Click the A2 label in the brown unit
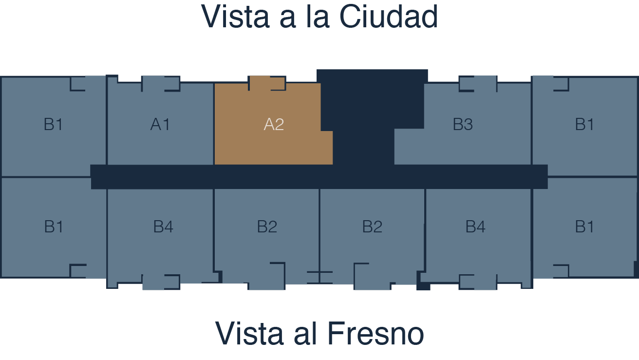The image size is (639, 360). pyautogui.click(x=274, y=124)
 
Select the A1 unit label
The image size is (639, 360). pyautogui.click(x=160, y=124)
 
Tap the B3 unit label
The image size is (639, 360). pyautogui.click(x=463, y=124)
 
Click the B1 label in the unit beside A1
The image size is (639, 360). pyautogui.click(x=54, y=124)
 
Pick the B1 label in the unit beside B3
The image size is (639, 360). pyautogui.click(x=584, y=124)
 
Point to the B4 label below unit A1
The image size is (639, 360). pyautogui.click(x=163, y=227)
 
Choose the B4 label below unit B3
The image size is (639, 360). pyautogui.click(x=475, y=227)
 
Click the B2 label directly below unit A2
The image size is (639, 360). pyautogui.click(x=267, y=227)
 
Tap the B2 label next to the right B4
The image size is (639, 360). pyautogui.click(x=372, y=227)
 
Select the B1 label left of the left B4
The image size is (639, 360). pyautogui.click(x=54, y=227)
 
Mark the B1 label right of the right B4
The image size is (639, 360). pyautogui.click(x=584, y=227)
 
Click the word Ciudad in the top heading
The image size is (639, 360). pyautogui.click(x=389, y=17)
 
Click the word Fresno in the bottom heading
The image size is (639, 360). pyautogui.click(x=376, y=334)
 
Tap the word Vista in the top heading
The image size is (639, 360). pyautogui.click(x=235, y=17)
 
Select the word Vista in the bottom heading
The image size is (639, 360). pyautogui.click(x=249, y=334)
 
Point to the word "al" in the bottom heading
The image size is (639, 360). pyautogui.click(x=305, y=334)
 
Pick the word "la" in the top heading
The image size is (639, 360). pyautogui.click(x=318, y=17)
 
